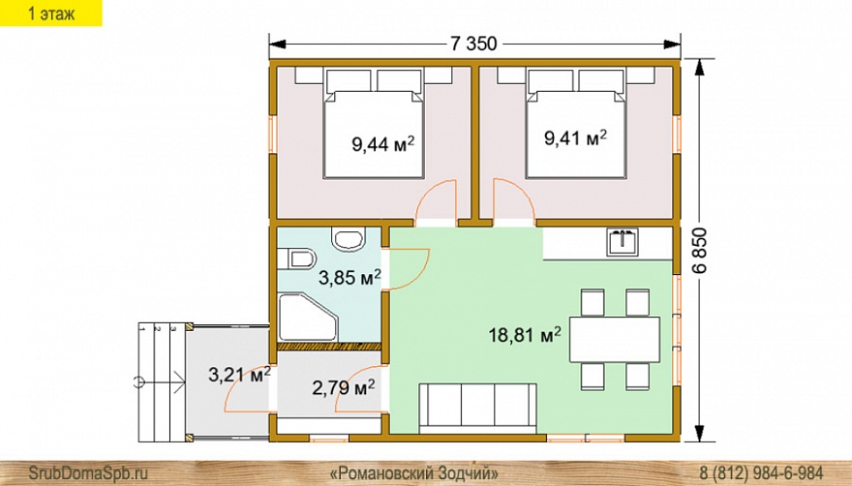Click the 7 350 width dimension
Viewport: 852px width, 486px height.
[x=473, y=44]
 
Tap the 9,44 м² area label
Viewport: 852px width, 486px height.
[x=383, y=144]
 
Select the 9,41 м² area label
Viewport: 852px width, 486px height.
[x=575, y=138]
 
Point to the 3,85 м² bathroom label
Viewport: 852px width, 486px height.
[x=350, y=278]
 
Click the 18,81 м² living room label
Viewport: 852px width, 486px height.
[x=525, y=335]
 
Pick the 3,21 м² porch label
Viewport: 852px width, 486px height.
[x=240, y=375]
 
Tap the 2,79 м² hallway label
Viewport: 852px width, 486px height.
[x=344, y=388]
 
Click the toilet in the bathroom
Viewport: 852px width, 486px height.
[x=295, y=258]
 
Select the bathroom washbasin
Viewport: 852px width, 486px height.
[x=349, y=239]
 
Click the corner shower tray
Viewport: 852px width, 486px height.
[x=308, y=317]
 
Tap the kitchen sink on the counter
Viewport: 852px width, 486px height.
[x=623, y=242]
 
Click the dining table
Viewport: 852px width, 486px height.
[x=615, y=340]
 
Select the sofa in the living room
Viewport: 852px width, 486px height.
[x=477, y=408]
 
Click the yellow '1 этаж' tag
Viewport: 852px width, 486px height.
[x=51, y=13]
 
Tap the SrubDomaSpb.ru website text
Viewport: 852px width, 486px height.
[x=88, y=472]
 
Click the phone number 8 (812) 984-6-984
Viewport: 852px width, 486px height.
[x=761, y=472]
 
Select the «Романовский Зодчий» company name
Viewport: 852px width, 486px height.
[x=414, y=472]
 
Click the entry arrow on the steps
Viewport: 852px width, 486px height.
[x=159, y=382]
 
